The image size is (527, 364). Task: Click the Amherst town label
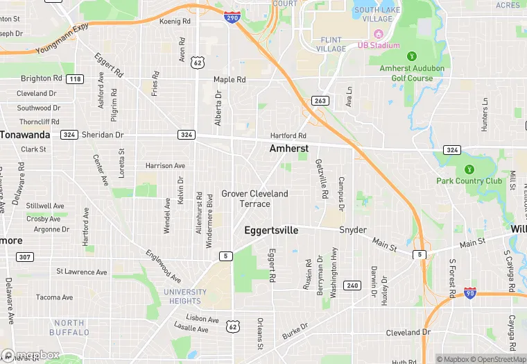[x=288, y=149]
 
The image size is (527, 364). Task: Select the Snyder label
[x=352, y=230]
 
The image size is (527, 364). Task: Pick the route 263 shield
[x=320, y=101]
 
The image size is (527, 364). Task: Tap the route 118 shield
[x=74, y=79]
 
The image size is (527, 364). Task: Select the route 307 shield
[x=25, y=257]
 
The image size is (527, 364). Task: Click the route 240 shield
[x=352, y=286]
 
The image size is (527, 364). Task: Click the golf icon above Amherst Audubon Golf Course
[x=412, y=56]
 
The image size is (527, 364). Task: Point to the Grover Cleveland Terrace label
[x=254, y=199]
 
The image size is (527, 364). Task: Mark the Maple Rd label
[x=230, y=80]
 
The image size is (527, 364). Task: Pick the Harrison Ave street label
[x=165, y=166]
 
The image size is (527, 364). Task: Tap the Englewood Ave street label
[x=163, y=265]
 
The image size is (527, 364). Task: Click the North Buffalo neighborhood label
[x=69, y=327]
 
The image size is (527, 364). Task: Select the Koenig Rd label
[x=175, y=22]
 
